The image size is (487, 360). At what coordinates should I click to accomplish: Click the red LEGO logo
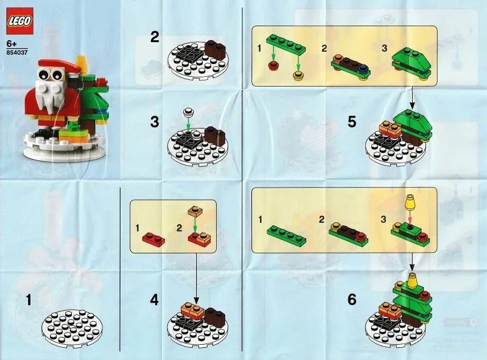[19, 21]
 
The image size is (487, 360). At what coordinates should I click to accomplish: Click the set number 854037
[17, 52]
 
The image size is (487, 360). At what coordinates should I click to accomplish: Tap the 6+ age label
[12, 44]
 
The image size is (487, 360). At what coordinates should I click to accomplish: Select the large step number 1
[29, 300]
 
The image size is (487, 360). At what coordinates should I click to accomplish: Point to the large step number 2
[155, 37]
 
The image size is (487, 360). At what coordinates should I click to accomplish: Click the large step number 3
[155, 122]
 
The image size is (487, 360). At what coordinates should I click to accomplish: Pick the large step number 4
[155, 300]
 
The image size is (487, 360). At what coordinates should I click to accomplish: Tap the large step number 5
[352, 122]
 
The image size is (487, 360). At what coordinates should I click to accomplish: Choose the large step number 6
[352, 300]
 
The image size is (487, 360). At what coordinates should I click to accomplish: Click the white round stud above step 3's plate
[188, 111]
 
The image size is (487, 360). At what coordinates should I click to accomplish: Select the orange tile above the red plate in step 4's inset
[195, 211]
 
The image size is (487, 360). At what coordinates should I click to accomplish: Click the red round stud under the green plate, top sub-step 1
[273, 66]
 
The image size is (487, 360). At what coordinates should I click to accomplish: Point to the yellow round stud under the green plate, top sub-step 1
[298, 76]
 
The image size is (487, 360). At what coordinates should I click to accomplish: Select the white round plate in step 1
[72, 328]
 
